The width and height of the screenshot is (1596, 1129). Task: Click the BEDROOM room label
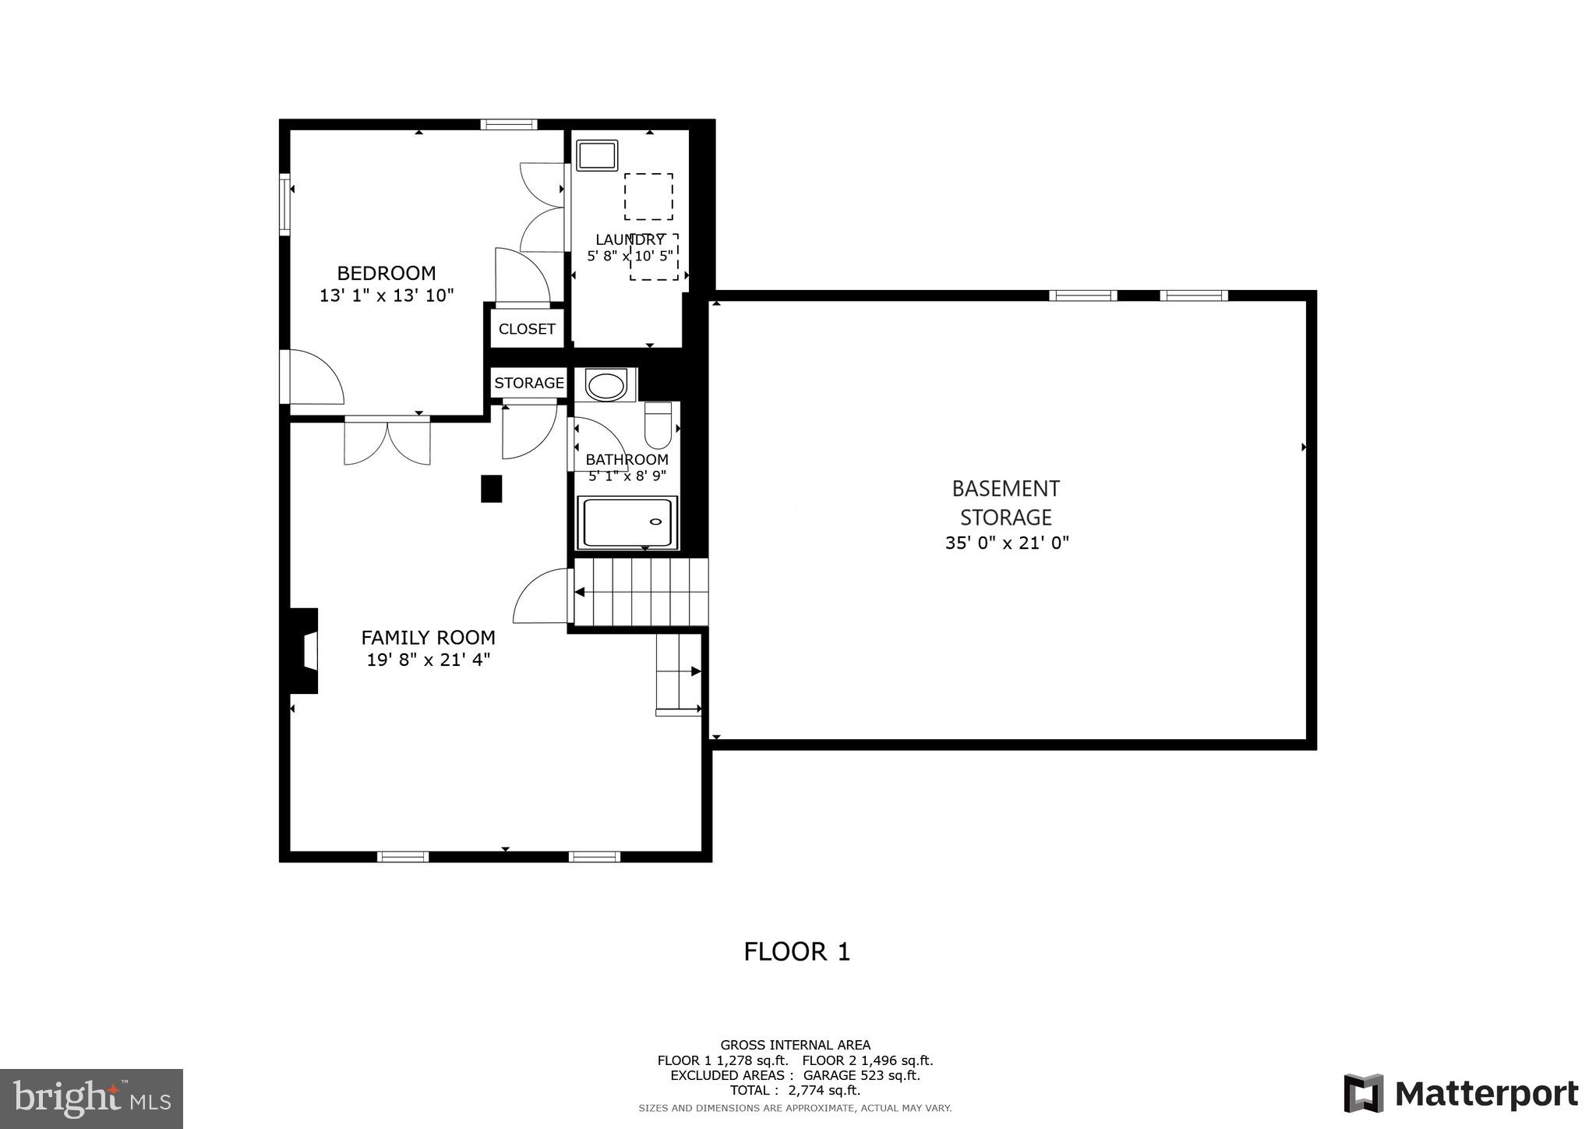click(x=386, y=273)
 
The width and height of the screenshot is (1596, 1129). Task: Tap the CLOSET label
click(x=527, y=329)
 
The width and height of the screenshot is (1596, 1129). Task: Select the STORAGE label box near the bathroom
click(x=529, y=383)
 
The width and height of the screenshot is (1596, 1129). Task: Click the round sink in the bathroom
click(x=606, y=385)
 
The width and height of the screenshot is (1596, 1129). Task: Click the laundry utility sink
click(x=597, y=155)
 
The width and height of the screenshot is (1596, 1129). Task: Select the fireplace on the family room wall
click(x=305, y=650)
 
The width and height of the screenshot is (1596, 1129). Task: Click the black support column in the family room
click(x=491, y=489)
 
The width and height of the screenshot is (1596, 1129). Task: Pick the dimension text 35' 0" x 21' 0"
click(x=1006, y=543)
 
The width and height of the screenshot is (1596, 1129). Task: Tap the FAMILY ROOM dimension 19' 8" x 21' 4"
click(x=428, y=660)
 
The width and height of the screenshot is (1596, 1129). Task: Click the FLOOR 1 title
click(x=796, y=951)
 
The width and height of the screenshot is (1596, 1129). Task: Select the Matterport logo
click(x=1461, y=1093)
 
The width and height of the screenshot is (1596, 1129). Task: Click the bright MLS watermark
click(x=91, y=1099)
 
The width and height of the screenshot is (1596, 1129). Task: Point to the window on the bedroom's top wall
click(x=509, y=124)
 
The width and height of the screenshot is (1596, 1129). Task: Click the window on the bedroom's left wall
click(x=284, y=204)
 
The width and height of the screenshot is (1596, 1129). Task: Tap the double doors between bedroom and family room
click(x=387, y=441)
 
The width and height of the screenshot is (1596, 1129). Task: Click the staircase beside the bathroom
click(x=641, y=592)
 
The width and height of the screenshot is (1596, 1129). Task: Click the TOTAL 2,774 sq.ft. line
click(x=795, y=1090)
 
